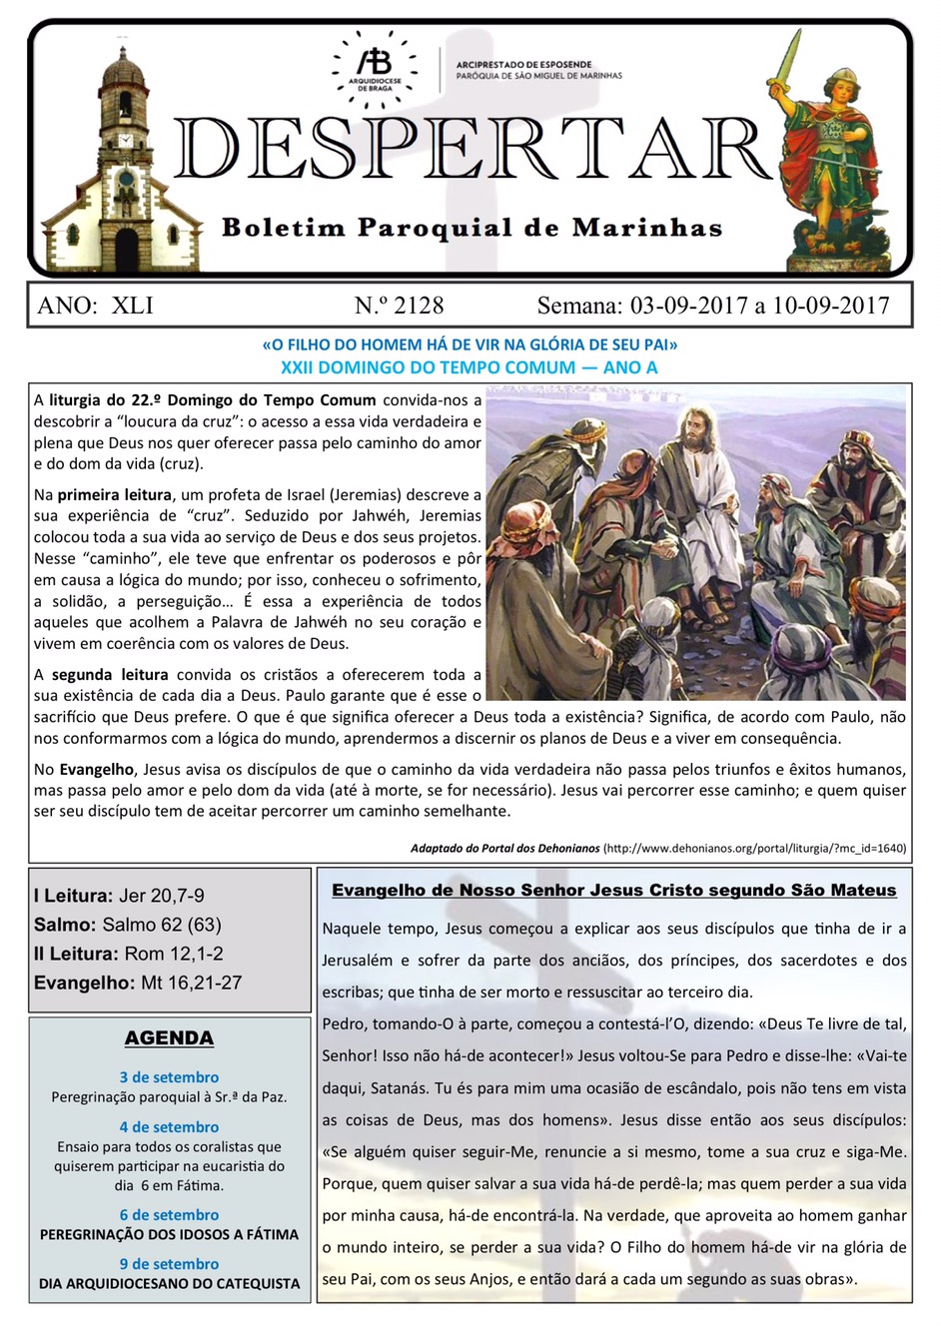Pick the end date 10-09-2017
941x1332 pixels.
point(830,306)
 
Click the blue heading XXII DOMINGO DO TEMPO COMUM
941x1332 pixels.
point(469,367)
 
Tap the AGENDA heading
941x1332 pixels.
point(169,1038)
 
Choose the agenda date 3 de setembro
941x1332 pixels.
point(169,1077)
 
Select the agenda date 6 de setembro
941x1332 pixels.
point(169,1215)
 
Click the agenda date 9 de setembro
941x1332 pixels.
point(169,1264)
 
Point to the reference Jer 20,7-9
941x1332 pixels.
point(162,897)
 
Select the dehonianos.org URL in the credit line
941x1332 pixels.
point(754,849)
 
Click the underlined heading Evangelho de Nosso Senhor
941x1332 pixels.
point(613,891)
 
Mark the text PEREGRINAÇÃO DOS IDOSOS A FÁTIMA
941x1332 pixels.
point(169,1235)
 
